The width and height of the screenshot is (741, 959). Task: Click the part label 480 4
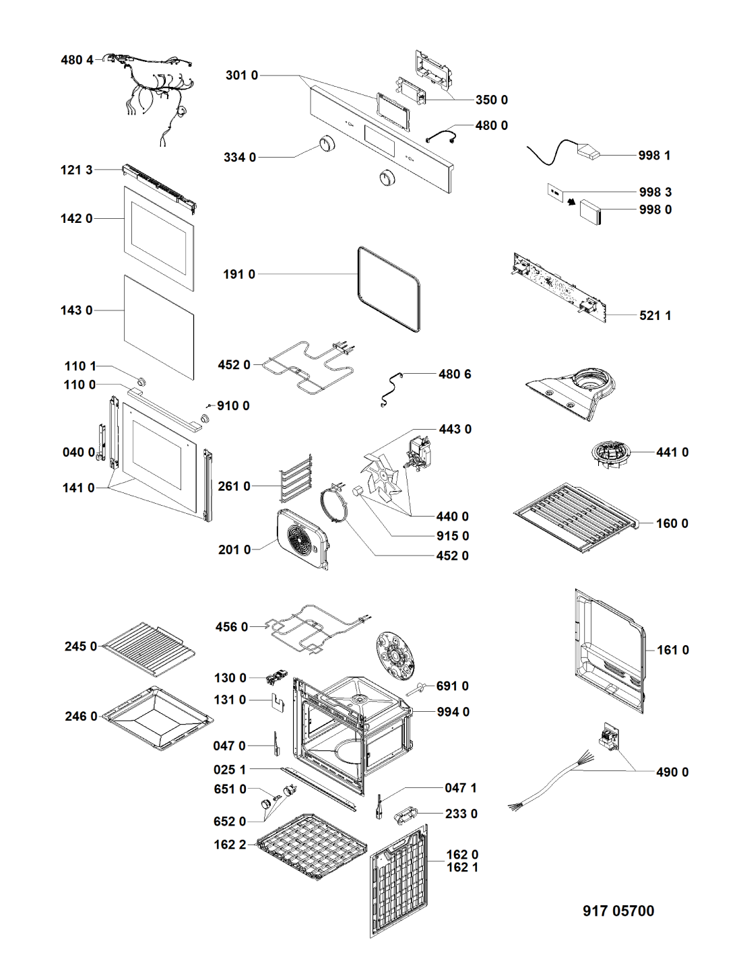tap(77, 60)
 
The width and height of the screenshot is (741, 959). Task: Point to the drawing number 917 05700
tap(618, 911)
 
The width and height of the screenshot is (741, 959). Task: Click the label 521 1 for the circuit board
tap(655, 315)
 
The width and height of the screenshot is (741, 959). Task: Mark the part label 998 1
tap(654, 156)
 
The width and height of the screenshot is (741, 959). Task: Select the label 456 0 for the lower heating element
tap(232, 627)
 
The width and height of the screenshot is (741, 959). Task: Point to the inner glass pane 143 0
tap(158, 326)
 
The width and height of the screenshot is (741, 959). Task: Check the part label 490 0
tap(672, 772)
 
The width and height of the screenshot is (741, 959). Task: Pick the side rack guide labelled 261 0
tap(296, 478)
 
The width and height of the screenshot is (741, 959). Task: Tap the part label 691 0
tap(452, 686)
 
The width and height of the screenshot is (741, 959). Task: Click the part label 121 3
tap(76, 170)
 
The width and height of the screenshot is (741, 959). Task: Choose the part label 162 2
tap(230, 845)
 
